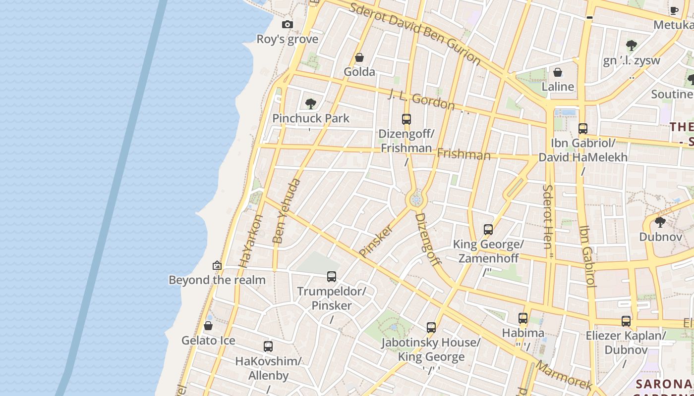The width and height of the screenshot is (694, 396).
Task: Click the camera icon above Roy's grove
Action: click(287, 24)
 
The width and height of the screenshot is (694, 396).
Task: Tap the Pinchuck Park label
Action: click(311, 118)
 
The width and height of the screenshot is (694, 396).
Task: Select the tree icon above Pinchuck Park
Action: click(311, 104)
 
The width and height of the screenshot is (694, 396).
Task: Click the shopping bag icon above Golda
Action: click(359, 57)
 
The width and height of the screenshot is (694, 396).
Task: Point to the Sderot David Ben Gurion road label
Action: click(415, 34)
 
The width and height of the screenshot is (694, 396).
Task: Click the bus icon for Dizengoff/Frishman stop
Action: click(406, 119)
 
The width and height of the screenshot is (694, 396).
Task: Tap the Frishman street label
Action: click(463, 154)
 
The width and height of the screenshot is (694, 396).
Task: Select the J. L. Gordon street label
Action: click(421, 99)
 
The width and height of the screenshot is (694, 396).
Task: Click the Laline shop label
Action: click(558, 87)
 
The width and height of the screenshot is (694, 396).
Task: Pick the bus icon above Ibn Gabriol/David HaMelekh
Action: click(583, 129)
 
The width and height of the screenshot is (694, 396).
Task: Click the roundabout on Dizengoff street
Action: click(416, 200)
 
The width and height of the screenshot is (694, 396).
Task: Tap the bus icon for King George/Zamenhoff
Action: click(488, 230)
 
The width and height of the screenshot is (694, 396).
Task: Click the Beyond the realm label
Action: click(217, 280)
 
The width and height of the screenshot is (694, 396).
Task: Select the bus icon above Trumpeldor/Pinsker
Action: click(332, 277)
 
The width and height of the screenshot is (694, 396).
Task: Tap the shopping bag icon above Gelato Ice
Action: click(208, 326)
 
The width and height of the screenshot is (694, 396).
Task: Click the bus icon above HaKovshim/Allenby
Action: click(268, 346)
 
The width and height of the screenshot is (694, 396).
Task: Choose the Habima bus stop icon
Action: click(523, 318)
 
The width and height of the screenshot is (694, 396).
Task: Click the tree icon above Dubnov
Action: click(660, 222)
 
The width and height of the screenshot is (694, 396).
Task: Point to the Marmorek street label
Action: click(564, 375)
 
